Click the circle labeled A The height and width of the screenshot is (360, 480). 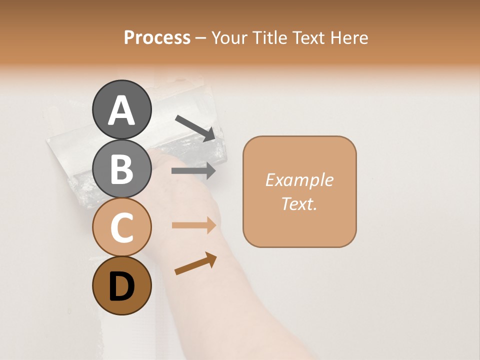coord(121,109)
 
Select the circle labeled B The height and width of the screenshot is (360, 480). coord(121,168)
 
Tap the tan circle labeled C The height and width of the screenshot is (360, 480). coord(121,227)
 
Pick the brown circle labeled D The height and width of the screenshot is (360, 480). coord(121,286)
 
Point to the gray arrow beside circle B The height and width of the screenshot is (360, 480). coord(193,171)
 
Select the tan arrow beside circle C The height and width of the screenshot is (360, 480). coord(193,225)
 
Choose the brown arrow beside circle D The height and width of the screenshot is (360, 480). coord(195,263)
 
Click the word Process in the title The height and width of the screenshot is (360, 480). coord(157,38)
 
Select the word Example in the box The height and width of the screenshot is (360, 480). coord(299,180)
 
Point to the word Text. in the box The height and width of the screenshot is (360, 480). coord(299,203)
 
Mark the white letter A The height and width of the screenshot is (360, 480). coord(121,110)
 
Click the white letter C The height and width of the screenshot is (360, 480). coord(121,228)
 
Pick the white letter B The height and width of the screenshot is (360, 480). coord(121,169)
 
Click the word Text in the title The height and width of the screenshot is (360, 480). coord(307,38)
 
